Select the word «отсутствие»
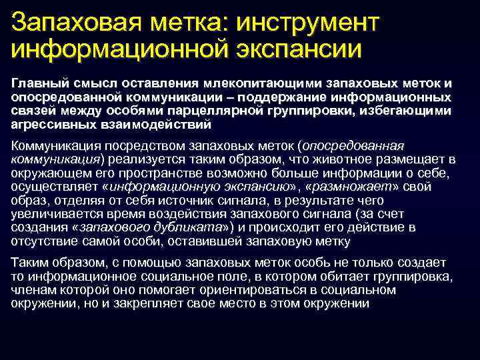pyautogui.click(x=44, y=241)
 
